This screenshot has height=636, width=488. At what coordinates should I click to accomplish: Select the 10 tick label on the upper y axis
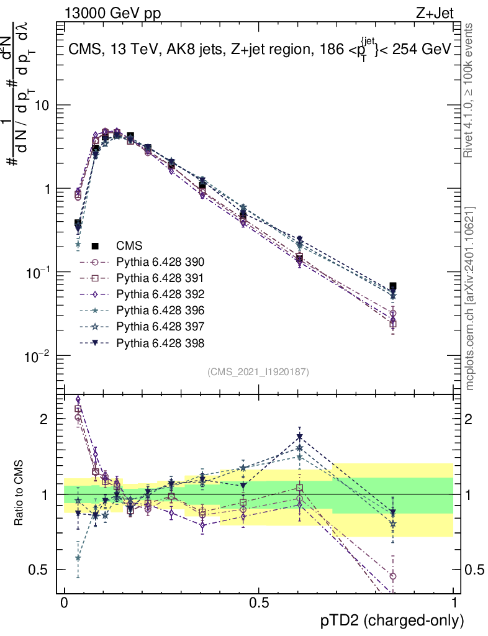[42, 106]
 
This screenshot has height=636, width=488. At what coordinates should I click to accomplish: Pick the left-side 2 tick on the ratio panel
[43, 419]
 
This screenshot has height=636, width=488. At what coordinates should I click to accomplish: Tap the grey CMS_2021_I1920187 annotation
[258, 371]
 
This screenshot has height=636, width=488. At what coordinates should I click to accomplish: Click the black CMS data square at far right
[393, 287]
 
